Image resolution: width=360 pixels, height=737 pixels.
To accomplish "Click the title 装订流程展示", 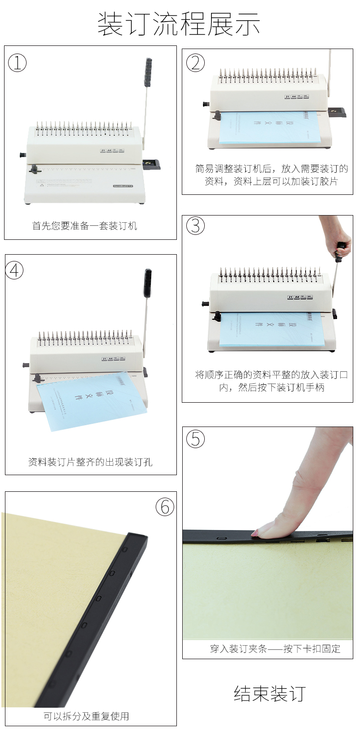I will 179,24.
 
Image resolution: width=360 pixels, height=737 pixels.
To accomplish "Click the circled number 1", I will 17,63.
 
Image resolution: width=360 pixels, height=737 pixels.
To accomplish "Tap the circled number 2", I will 195,63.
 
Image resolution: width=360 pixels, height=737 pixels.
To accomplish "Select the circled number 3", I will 195,225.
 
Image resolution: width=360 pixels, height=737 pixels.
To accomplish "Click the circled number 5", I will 195,439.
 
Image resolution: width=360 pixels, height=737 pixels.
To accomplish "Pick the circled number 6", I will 165,507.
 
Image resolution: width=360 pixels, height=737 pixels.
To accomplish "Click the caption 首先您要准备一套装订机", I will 85,226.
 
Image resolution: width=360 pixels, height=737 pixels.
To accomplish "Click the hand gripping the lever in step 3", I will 340,238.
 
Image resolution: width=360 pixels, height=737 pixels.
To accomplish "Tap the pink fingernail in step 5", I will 255,534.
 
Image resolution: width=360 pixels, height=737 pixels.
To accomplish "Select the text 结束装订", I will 270,693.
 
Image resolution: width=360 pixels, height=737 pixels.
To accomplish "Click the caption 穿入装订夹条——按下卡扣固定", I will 275,649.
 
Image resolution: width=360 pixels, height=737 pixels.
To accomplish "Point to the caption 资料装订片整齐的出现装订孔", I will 90,462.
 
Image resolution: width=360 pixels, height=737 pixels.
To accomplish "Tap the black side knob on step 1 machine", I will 22,155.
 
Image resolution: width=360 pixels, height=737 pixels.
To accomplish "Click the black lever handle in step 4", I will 148,282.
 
